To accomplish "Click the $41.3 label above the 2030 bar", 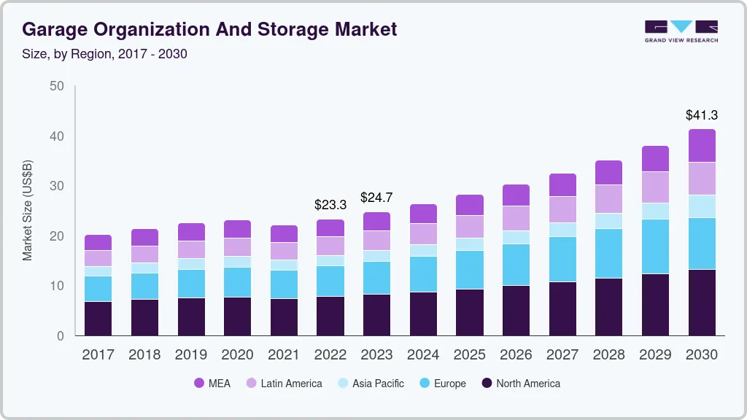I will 701,115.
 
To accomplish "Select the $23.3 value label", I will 330,206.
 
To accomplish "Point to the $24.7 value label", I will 376,198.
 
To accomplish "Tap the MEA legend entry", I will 212,384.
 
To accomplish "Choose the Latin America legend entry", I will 284,384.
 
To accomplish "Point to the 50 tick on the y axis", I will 56,86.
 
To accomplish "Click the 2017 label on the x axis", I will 98,355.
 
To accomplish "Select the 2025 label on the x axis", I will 469,355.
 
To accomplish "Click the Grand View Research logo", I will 681,31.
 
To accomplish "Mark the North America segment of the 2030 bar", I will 701,303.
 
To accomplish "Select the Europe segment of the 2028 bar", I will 608,253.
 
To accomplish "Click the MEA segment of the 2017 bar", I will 98,242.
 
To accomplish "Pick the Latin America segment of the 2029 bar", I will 655,187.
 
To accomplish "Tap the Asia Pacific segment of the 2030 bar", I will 701,206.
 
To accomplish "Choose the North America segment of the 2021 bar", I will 284,317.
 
